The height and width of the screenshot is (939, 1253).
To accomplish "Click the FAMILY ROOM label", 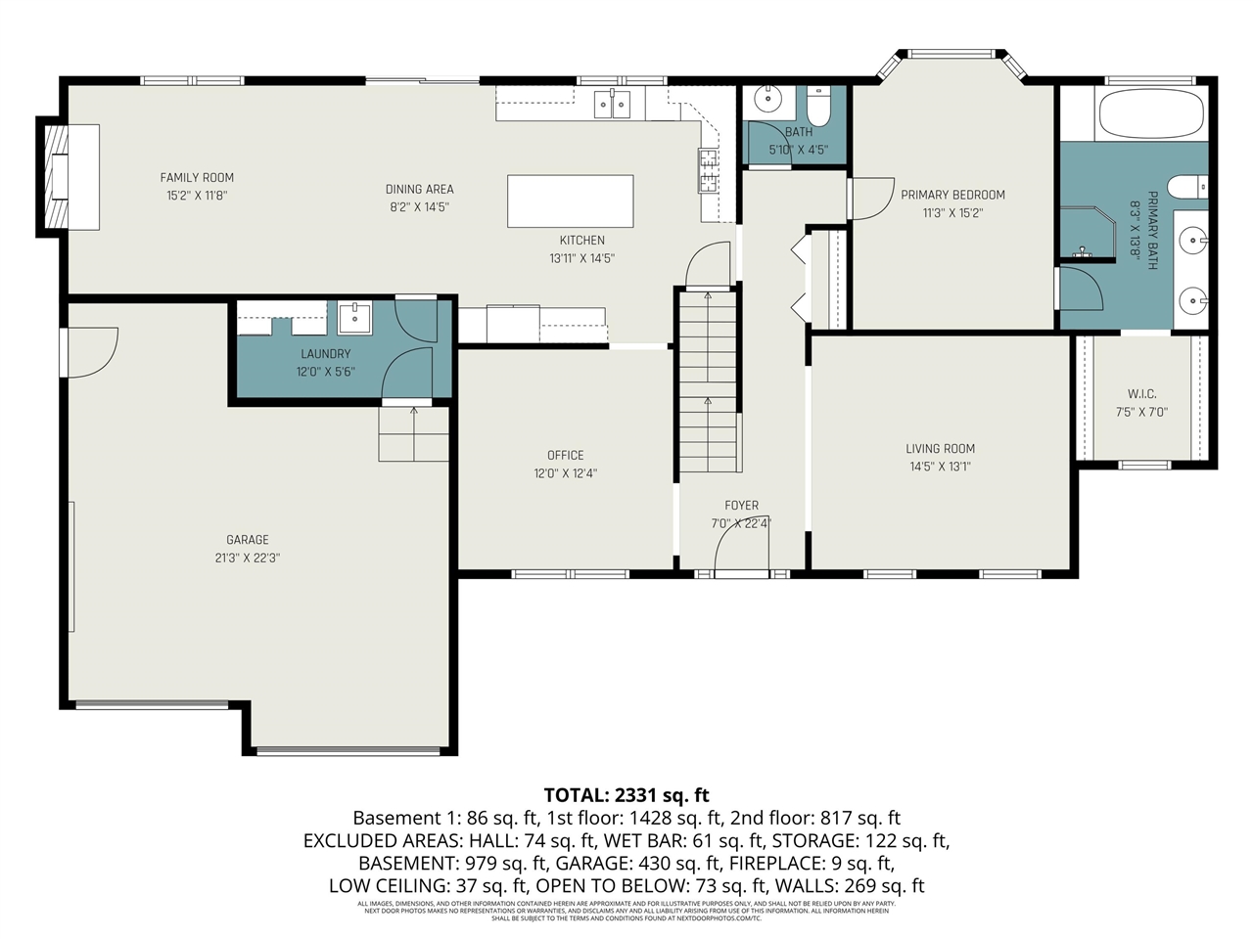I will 197,177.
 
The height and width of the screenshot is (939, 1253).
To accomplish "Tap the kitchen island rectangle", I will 570,201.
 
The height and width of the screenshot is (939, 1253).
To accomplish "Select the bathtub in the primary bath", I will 1150,114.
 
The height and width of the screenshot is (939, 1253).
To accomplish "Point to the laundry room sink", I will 354,317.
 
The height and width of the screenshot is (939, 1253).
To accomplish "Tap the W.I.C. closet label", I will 1141,394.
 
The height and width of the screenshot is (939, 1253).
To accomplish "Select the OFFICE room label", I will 565,455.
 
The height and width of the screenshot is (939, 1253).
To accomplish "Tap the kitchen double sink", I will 614,104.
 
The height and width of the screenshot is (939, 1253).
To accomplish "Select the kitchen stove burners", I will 708,170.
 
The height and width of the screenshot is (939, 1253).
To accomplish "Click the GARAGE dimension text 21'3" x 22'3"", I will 248,558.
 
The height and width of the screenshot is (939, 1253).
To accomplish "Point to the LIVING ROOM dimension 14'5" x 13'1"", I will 940,467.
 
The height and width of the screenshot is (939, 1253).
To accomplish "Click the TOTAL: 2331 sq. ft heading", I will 626,795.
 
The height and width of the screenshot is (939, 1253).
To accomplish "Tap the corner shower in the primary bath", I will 1089,235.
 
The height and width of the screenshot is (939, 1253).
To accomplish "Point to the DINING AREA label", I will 419,189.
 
